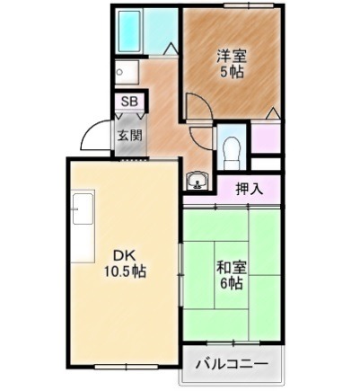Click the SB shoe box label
click(129, 102)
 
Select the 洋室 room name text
click(232, 57)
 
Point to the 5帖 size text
click(232, 72)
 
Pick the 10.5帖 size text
click(125, 271)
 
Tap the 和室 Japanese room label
click(232, 268)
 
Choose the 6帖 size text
click(232, 283)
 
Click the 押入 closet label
click(250, 189)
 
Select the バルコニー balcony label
click(232, 364)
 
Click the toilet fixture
click(232, 152)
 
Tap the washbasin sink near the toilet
click(197, 181)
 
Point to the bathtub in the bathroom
click(129, 31)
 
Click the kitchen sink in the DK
click(83, 209)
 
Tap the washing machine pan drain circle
click(119, 72)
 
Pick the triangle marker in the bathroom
click(171, 49)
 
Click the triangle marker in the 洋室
click(272, 113)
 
